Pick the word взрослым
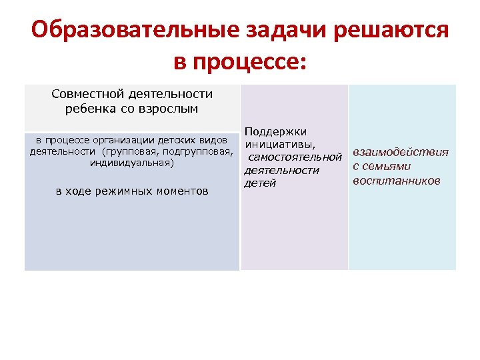tap(170, 109)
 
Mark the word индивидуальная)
tap(131, 162)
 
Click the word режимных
tap(125, 191)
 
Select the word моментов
tap(182, 191)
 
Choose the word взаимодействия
tap(400, 153)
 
